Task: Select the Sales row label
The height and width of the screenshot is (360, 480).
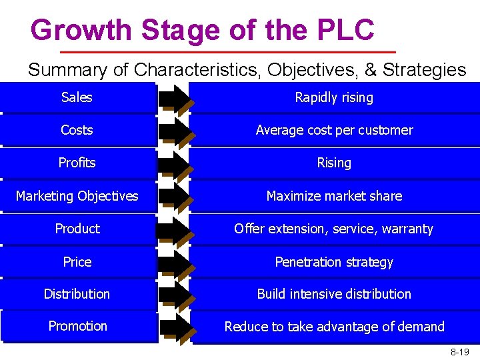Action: click(x=77, y=97)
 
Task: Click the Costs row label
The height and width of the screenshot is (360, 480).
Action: click(x=77, y=130)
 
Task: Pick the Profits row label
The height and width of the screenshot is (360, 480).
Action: click(x=77, y=163)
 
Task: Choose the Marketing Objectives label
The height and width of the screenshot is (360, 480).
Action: click(x=77, y=196)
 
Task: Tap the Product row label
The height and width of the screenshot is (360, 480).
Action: click(x=77, y=229)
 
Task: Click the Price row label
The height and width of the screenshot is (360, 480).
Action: click(x=77, y=262)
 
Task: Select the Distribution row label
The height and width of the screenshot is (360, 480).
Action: click(x=77, y=294)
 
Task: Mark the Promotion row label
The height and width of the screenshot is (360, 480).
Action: click(x=77, y=326)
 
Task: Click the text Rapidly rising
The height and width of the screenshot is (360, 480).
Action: click(x=334, y=97)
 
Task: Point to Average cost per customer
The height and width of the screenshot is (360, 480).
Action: click(x=334, y=130)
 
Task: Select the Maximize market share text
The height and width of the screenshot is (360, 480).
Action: click(x=334, y=196)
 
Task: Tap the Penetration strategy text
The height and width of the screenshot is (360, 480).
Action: click(x=334, y=262)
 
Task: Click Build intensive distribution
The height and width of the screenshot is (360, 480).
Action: click(x=334, y=294)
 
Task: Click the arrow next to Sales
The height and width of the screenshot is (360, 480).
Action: click(x=175, y=97)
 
